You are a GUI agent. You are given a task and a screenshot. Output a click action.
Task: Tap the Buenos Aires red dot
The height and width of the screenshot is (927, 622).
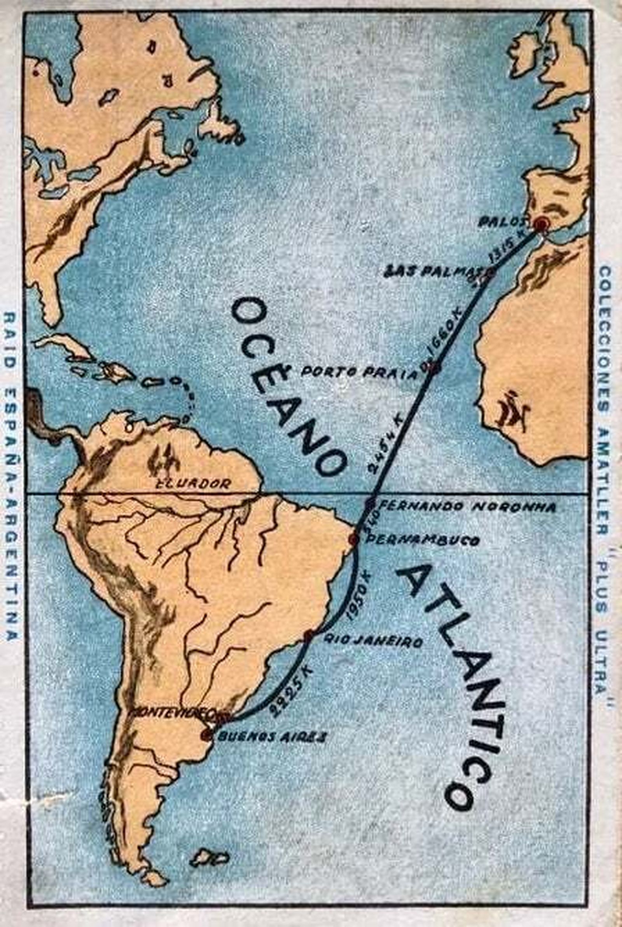click(206, 734)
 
